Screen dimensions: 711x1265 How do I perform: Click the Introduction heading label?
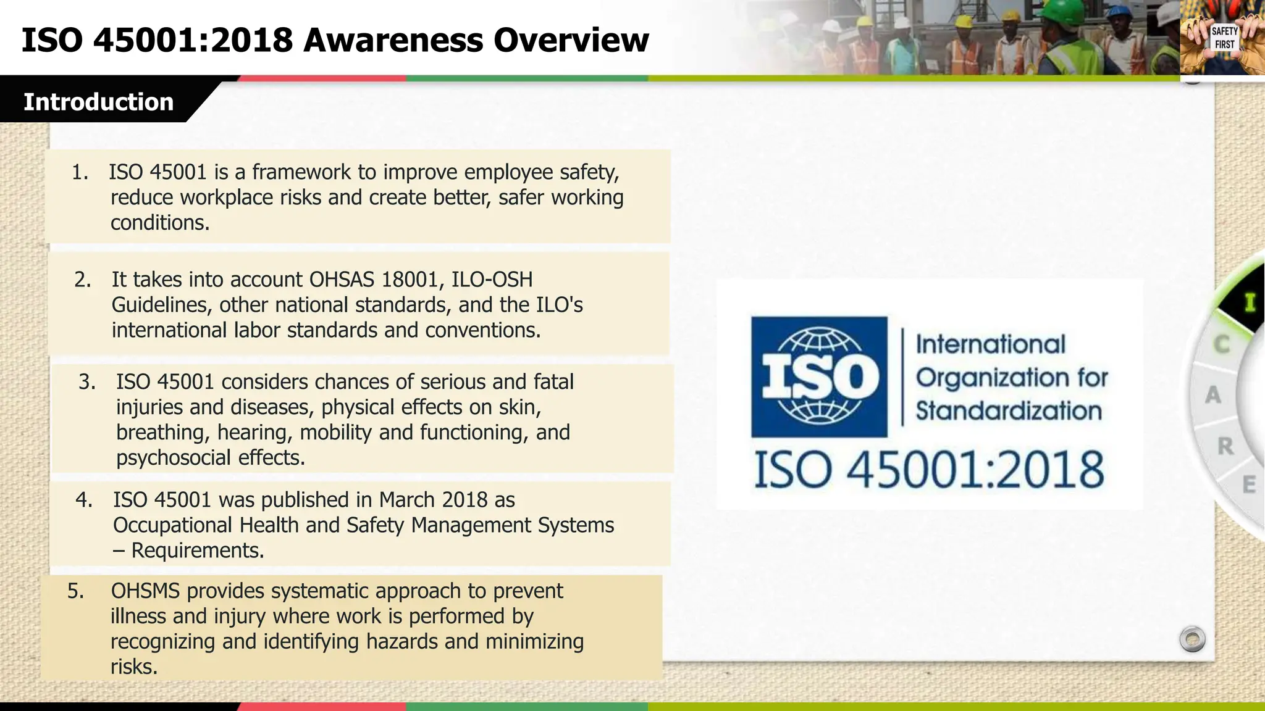coord(98,102)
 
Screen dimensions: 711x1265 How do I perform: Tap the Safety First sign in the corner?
coord(1224,38)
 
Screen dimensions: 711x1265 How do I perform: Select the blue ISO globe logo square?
coord(819,377)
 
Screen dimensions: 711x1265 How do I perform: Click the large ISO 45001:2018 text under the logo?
coord(929,470)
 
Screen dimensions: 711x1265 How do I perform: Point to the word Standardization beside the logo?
coord(1008,411)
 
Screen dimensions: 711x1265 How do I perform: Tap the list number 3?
coord(86,382)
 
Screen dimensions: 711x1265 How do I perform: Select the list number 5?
coord(75,591)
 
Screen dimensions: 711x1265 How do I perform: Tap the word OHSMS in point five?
coord(145,591)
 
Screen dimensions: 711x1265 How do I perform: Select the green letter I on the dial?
coord(1250,302)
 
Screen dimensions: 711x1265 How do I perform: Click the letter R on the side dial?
coord(1225,446)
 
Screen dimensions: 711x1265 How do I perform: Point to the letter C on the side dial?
coord(1222,344)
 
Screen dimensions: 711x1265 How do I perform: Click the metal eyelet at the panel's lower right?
coord(1192,639)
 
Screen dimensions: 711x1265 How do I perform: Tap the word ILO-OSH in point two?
coord(492,280)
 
